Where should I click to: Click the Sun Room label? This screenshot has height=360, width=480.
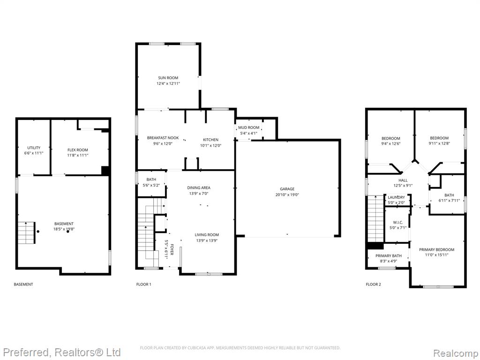[168, 78]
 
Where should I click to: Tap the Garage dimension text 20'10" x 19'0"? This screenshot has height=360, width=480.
[287, 195]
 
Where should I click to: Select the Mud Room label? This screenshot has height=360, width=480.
[249, 127]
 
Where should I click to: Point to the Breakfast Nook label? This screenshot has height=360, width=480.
[163, 138]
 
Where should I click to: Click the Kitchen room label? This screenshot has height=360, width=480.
[211, 140]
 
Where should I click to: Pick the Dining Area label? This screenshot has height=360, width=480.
[199, 187]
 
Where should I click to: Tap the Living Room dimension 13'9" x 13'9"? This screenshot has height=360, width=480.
[207, 240]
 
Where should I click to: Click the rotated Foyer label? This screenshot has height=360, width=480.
[172, 249]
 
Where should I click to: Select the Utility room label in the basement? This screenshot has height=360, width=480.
[34, 148]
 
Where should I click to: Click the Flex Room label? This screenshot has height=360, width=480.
[78, 150]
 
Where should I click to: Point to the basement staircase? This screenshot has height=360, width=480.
[27, 232]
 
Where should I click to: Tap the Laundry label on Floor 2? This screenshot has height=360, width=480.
[397, 197]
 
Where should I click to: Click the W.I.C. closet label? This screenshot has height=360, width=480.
[398, 223]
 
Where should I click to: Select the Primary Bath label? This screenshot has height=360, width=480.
[389, 256]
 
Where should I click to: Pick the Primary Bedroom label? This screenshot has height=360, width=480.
[437, 249]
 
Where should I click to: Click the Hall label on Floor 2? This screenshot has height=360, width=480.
[403, 180]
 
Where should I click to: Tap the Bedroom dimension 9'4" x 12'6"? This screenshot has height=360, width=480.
[391, 143]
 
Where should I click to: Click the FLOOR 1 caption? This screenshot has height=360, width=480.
[144, 285]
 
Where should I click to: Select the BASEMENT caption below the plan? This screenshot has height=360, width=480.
[23, 285]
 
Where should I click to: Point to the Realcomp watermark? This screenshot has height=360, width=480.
[456, 353]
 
